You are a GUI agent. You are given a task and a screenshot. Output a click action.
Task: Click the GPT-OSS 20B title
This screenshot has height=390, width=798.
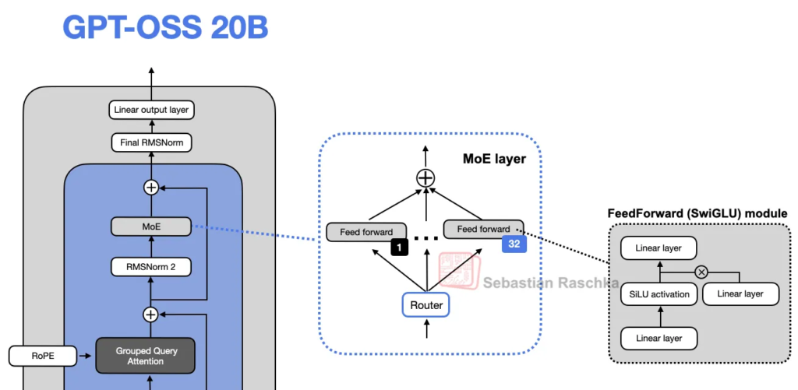[x=165, y=28]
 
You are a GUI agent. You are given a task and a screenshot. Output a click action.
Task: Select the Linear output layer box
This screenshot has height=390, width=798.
[x=150, y=110]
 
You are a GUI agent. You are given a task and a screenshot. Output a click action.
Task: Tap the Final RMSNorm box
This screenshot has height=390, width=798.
[x=150, y=143]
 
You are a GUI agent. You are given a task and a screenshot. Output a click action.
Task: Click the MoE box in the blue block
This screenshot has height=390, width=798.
[x=150, y=227]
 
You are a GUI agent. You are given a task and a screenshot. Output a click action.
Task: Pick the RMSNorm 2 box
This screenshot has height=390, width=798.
[x=150, y=267]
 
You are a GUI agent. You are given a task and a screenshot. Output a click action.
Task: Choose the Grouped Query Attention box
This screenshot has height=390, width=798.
[x=147, y=356]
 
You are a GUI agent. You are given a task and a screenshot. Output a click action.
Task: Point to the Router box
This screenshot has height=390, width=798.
[x=426, y=305]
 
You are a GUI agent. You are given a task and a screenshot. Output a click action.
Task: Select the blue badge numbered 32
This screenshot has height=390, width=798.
[x=514, y=244]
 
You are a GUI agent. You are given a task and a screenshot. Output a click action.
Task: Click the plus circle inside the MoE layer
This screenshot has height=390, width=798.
[x=425, y=178]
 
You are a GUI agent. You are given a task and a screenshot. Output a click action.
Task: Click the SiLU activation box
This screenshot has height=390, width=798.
[x=659, y=294]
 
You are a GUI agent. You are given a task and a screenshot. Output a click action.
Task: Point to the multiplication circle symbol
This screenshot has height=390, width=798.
[x=701, y=272]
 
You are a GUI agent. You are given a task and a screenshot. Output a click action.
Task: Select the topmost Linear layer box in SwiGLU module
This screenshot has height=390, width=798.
[x=659, y=249]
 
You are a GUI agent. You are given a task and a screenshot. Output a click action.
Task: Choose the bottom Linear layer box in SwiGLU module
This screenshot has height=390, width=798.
[x=659, y=339]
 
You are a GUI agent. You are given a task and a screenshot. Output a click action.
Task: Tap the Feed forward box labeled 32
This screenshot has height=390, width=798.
[x=483, y=229]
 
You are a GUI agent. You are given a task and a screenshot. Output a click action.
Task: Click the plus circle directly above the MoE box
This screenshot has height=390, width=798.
[x=150, y=187]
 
